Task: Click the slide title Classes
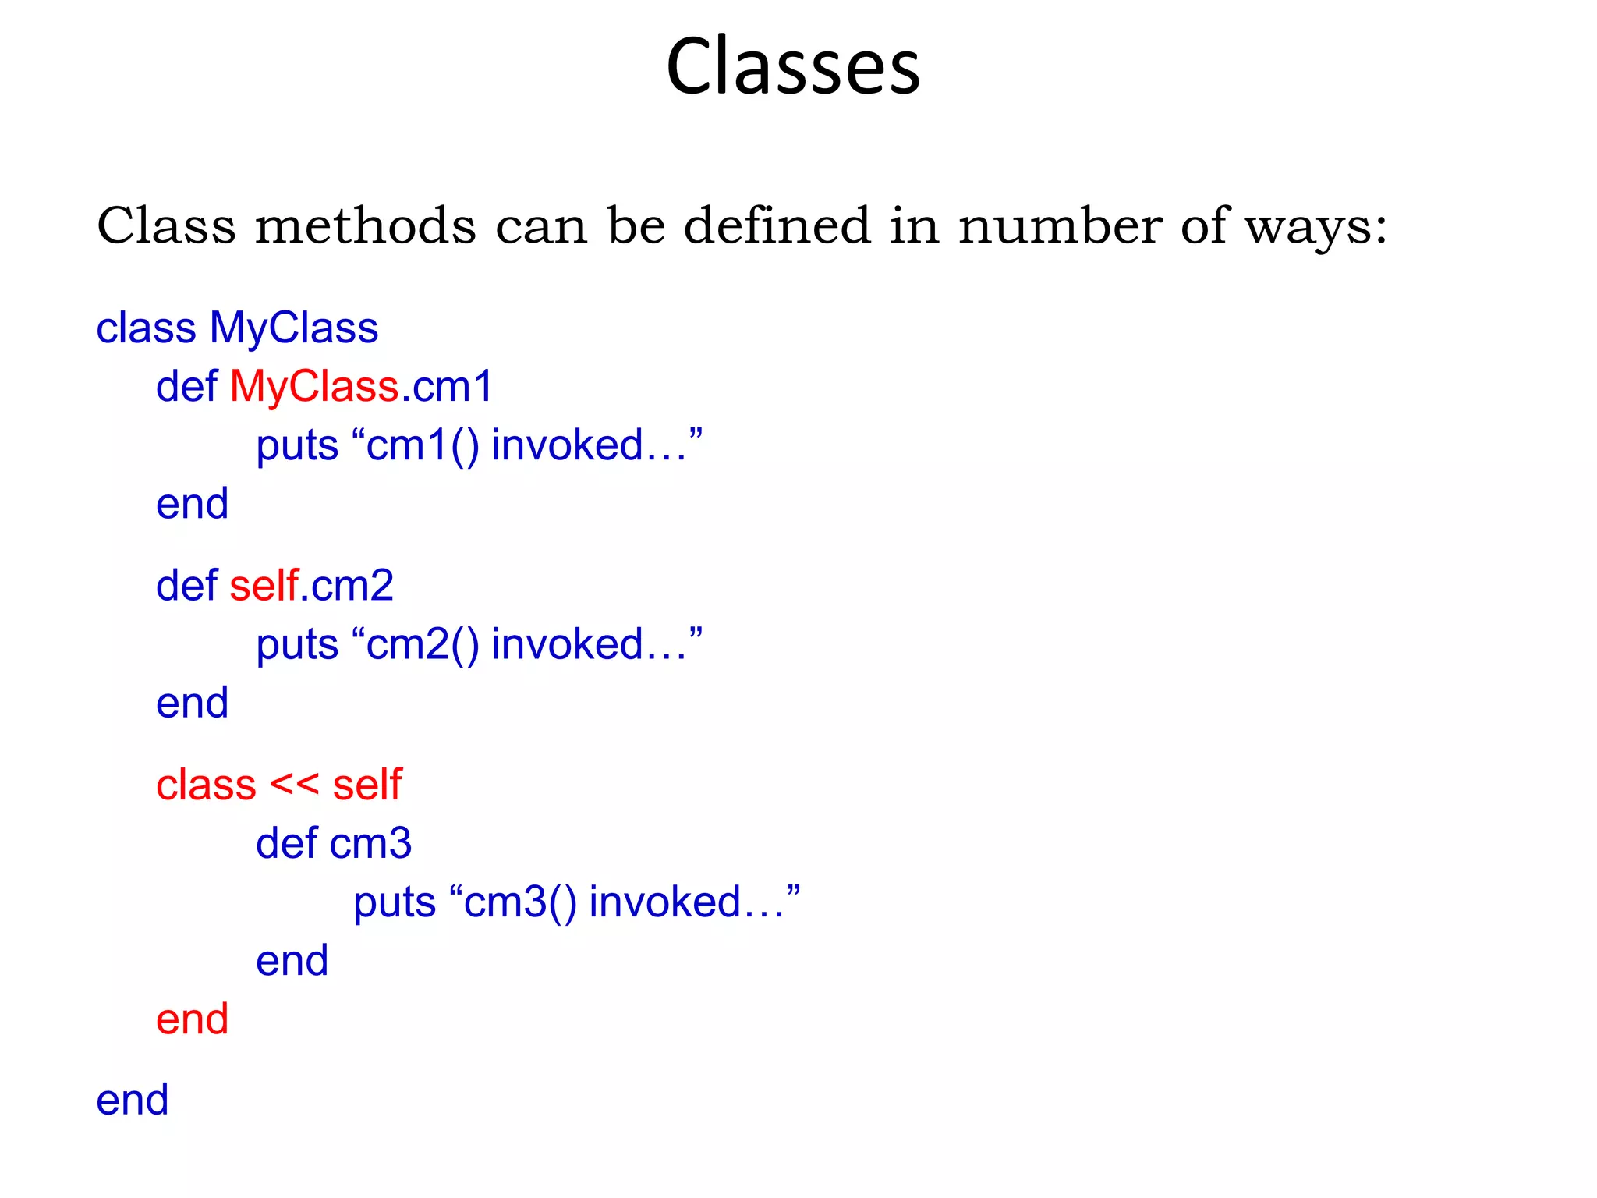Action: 792,67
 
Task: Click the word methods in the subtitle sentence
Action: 365,226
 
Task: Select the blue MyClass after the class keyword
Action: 294,328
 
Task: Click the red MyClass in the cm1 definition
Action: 314,387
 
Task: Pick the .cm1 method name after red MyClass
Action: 448,387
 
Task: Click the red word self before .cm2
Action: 264,586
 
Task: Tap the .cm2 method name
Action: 348,586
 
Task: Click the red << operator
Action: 294,784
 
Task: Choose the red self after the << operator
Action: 367,785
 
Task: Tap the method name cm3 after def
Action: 370,844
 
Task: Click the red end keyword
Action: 192,1019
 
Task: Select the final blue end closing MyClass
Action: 132,1101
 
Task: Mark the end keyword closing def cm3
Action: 292,961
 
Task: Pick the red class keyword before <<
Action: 206,785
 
